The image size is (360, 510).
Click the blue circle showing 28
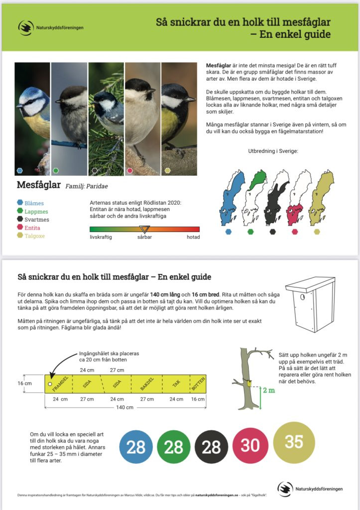coord(136,447)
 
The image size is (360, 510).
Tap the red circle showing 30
coord(250,445)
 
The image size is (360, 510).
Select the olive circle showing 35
coord(294,442)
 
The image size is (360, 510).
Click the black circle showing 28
coord(211,447)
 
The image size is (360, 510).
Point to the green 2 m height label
coord(269,389)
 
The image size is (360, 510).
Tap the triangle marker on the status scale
coord(144,230)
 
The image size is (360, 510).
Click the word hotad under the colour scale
coord(193,237)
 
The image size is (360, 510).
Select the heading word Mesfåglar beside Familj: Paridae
coord(39,185)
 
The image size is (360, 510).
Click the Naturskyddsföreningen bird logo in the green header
coord(25,27)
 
